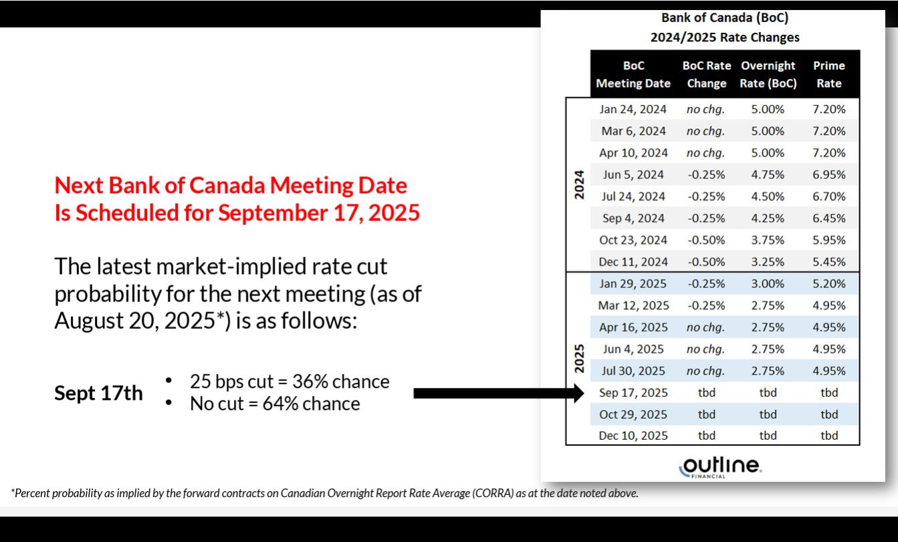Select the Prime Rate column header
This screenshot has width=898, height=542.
tap(828, 74)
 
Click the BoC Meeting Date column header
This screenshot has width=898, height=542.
tap(633, 74)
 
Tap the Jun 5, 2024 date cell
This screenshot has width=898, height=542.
tap(633, 174)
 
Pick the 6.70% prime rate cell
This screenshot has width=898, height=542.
tap(828, 196)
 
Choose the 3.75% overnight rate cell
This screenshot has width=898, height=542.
tap(768, 240)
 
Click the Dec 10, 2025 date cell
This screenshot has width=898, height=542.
tap(633, 435)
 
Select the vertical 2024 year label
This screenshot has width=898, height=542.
tap(579, 184)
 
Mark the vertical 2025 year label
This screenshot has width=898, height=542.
tap(579, 358)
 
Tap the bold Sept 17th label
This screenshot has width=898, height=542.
tap(98, 393)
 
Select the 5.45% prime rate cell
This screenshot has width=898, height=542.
tap(828, 262)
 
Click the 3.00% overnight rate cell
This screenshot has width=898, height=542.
tap(768, 283)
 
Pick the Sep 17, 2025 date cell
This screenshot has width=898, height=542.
tap(633, 392)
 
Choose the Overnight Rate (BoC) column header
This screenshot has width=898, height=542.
tap(768, 74)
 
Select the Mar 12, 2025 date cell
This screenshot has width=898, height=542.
tap(633, 305)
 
